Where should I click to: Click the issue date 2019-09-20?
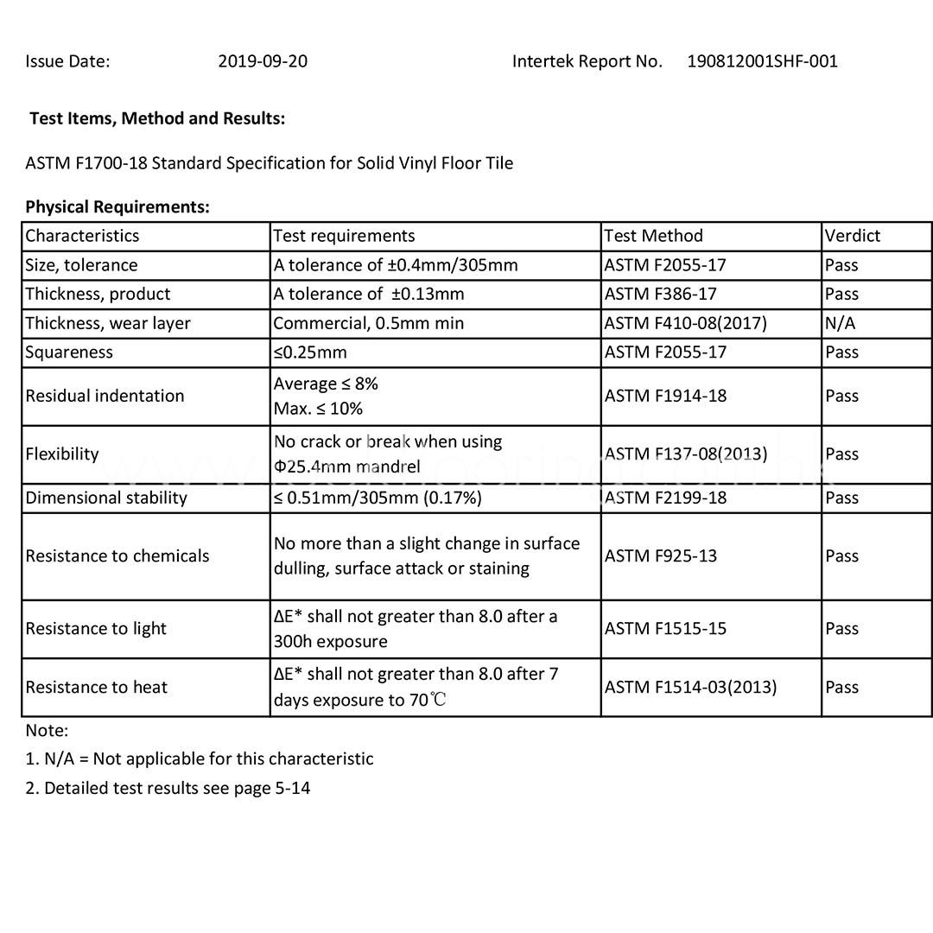[263, 61]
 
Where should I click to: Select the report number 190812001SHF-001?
[762, 61]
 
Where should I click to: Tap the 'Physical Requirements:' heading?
[117, 206]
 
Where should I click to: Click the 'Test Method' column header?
[653, 236]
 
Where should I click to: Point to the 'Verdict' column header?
[852, 236]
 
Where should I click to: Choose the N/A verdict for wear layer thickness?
[840, 323]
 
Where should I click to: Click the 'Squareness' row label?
[69, 352]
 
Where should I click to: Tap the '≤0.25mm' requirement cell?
[310, 352]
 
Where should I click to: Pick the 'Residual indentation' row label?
[105, 396]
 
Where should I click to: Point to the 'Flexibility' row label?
[62, 454]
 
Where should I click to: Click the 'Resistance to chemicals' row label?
[117, 555]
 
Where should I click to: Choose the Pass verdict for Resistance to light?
[841, 629]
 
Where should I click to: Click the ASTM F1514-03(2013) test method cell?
[690, 687]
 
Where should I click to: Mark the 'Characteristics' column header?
[82, 236]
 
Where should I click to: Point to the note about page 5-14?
[168, 788]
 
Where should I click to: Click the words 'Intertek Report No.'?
[587, 61]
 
